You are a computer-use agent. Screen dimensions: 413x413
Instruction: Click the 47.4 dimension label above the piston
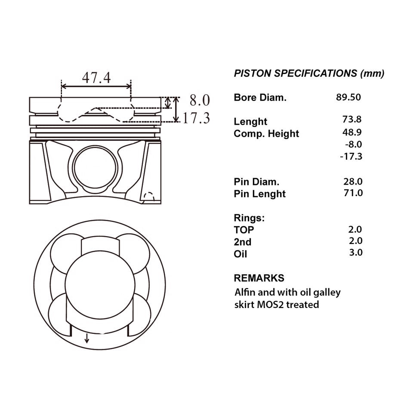(96, 78)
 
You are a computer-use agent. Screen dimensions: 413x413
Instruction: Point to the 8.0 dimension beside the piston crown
(200, 100)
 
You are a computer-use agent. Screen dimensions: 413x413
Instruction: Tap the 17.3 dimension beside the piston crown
(196, 118)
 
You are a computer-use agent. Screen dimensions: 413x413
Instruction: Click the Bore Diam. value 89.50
(348, 97)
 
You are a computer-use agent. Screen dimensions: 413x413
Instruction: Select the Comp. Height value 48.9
(352, 132)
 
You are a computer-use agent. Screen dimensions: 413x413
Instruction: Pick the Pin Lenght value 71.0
(353, 193)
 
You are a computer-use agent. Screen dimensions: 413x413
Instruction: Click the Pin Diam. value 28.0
(353, 182)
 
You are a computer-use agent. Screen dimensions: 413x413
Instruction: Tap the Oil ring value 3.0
(356, 253)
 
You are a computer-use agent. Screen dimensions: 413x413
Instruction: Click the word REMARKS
(259, 278)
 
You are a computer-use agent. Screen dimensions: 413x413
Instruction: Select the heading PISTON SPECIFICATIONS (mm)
(309, 73)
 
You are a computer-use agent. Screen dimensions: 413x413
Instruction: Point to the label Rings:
(249, 218)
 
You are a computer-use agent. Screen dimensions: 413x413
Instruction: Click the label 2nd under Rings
(242, 242)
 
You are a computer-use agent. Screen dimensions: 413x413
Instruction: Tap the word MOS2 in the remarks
(270, 305)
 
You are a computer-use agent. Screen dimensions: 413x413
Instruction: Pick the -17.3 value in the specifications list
(351, 157)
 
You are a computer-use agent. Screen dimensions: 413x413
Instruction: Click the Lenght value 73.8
(352, 119)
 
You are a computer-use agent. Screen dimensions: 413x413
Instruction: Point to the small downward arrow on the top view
(86, 338)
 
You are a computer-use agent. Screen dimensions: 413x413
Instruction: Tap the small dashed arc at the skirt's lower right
(149, 194)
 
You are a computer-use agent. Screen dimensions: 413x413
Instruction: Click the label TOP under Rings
(243, 230)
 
